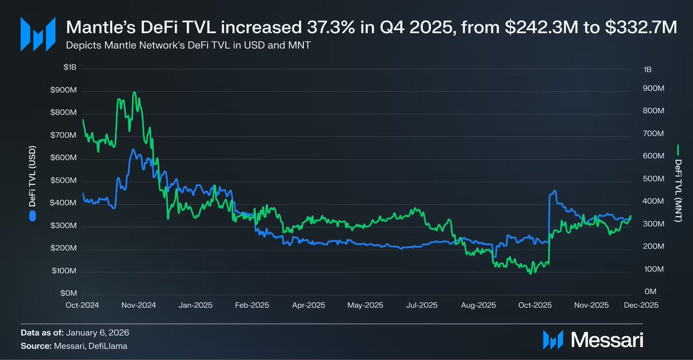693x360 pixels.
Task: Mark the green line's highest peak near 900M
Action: (135, 92)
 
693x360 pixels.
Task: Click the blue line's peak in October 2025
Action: (554, 190)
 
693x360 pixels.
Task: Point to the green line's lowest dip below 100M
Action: (530, 273)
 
